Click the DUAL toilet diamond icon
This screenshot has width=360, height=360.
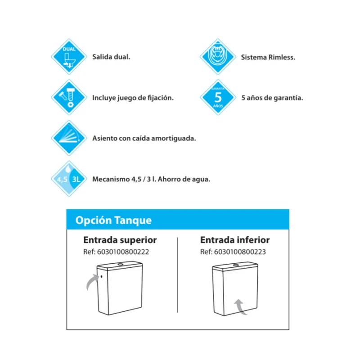(x=69, y=57)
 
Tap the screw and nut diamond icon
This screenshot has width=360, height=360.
(x=69, y=97)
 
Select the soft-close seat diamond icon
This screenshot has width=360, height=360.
(x=69, y=138)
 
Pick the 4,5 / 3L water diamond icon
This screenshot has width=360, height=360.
(x=69, y=179)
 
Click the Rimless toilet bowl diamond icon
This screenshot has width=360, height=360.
(x=218, y=57)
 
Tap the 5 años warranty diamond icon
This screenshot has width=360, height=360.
(x=218, y=97)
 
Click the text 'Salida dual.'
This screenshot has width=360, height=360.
(x=111, y=57)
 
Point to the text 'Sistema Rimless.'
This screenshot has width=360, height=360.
(x=268, y=57)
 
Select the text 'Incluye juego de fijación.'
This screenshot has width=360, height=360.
(x=133, y=98)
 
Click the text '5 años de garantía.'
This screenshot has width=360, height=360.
(x=272, y=98)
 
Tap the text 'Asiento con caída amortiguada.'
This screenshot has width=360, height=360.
(x=144, y=138)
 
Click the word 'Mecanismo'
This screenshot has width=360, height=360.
(x=111, y=179)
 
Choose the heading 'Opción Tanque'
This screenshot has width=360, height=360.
(x=113, y=220)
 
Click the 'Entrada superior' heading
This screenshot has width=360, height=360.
(x=120, y=240)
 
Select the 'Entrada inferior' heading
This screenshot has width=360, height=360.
(x=235, y=240)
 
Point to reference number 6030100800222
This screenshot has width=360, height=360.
(x=123, y=252)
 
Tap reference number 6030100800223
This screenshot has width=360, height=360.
(x=240, y=252)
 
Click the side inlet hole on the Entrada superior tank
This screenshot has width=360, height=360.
(x=102, y=276)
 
